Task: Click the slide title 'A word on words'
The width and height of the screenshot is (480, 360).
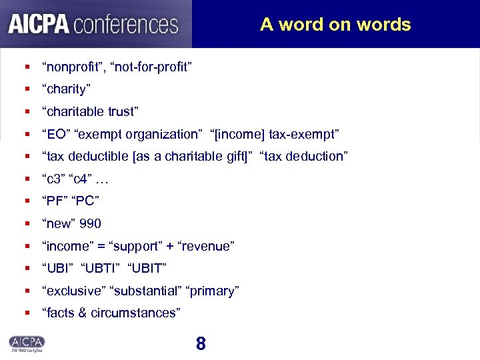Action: coord(335,25)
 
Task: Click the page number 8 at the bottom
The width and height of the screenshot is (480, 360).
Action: coord(201,344)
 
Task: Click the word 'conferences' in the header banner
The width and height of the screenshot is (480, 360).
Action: coord(126,24)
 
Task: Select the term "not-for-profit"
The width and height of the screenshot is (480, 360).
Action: coord(154,66)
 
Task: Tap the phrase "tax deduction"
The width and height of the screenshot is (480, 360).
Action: coord(305,157)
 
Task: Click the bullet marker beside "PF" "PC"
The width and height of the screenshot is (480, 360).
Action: coord(27,201)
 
